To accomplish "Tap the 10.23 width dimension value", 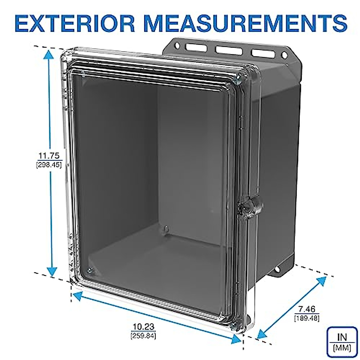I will click(x=143, y=327).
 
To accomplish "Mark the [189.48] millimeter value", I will click(x=307, y=317).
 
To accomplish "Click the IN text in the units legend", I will click(x=342, y=337).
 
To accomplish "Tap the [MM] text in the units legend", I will click(x=342, y=348).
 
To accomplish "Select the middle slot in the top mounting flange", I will click(x=229, y=50).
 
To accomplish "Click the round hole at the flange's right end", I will click(x=284, y=55).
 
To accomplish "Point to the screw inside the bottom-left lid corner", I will click(x=89, y=271).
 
